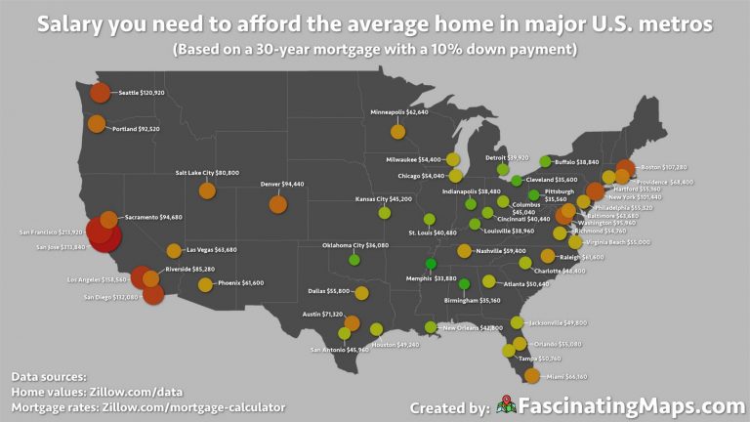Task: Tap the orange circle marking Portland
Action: tap(96, 124)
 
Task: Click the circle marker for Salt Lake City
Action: tap(207, 190)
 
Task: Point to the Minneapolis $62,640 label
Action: tap(399, 112)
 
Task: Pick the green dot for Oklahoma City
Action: tap(354, 259)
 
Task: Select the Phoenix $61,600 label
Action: tap(238, 282)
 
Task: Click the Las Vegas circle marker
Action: tap(174, 251)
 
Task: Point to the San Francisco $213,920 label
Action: tap(51, 232)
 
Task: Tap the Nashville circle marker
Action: tap(464, 251)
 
